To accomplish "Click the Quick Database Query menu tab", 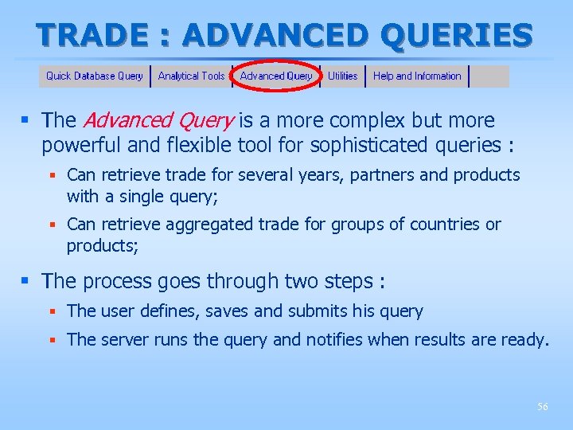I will tap(94, 76).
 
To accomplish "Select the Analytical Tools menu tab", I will tap(191, 76).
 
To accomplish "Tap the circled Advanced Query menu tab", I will tap(276, 76).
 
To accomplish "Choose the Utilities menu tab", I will tap(342, 76).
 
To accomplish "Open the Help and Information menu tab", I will tap(417, 76).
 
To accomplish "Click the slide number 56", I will tap(542, 407).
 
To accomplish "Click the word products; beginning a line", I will tap(103, 246).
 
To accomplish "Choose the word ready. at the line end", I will tap(524, 340).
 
